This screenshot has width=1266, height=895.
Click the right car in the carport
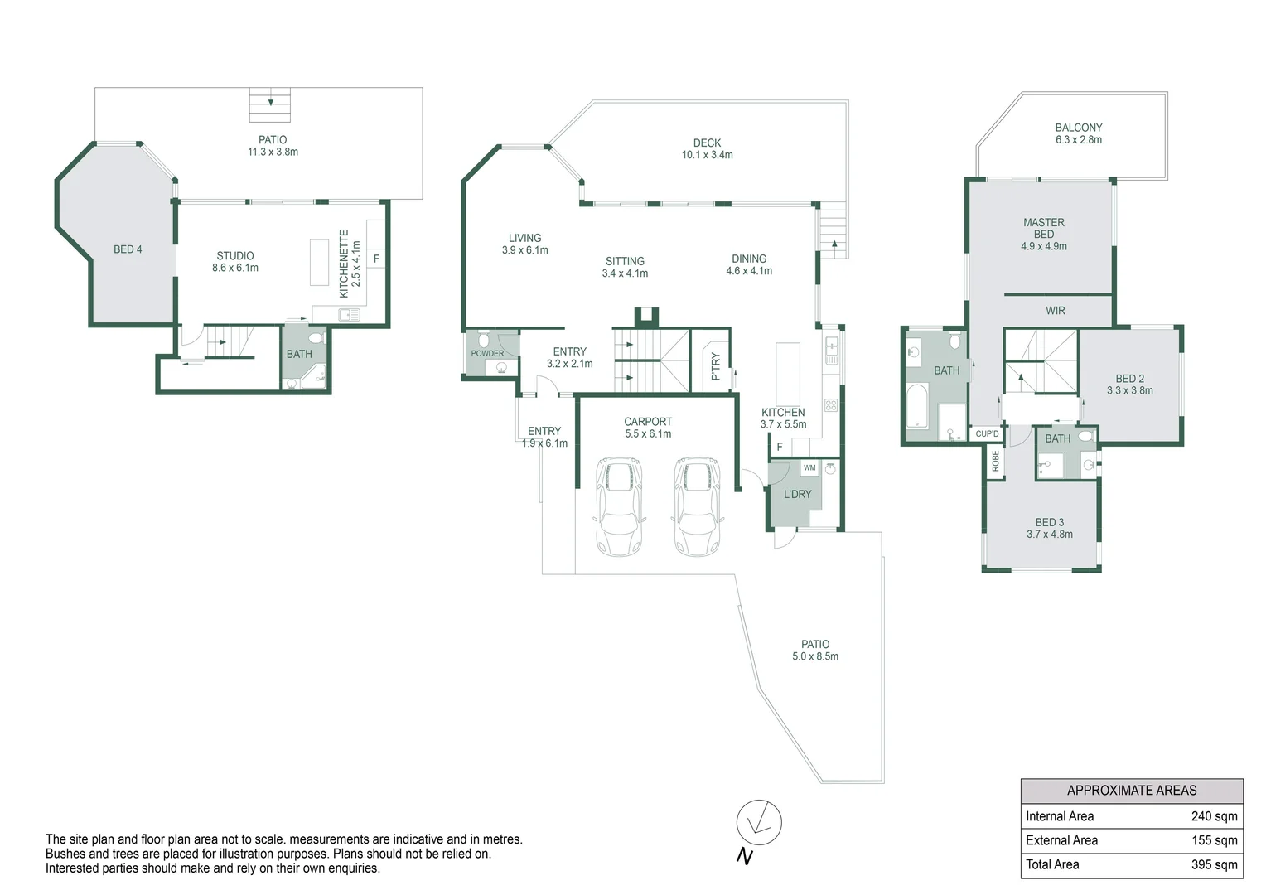pyautogui.click(x=697, y=506)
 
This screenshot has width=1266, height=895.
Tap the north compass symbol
pyautogui.click(x=758, y=823)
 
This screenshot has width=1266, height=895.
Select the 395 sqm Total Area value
pyautogui.click(x=1214, y=864)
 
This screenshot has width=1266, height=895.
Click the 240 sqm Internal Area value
pyautogui.click(x=1214, y=816)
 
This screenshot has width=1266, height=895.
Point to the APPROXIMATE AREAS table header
pyautogui.click(x=1131, y=791)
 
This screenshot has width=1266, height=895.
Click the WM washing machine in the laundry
pyautogui.click(x=809, y=468)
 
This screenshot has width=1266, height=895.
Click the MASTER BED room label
pyautogui.click(x=1043, y=229)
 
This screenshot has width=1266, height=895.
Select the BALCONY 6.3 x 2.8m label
pyautogui.click(x=1078, y=133)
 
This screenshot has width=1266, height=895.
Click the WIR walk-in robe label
pyautogui.click(x=1055, y=311)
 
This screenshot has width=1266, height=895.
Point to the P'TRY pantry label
pyautogui.click(x=716, y=367)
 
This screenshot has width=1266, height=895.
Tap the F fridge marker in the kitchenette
pyautogui.click(x=376, y=259)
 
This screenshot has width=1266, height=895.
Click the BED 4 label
pyautogui.click(x=128, y=249)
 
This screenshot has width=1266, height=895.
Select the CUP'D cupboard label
pyautogui.click(x=987, y=434)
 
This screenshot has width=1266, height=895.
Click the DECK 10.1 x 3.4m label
pyautogui.click(x=707, y=149)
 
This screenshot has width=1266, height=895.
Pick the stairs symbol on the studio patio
pyautogui.click(x=270, y=104)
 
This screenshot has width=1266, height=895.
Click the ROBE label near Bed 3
pyautogui.click(x=995, y=462)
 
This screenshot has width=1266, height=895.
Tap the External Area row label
pyautogui.click(x=1061, y=840)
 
